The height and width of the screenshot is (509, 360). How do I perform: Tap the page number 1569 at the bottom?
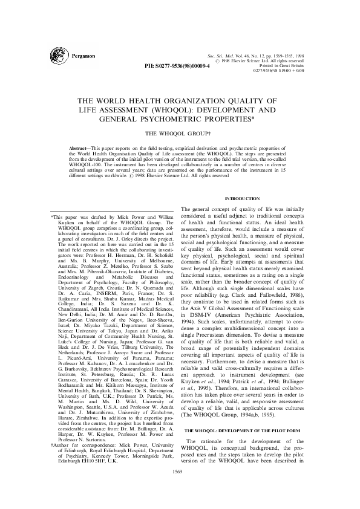179,487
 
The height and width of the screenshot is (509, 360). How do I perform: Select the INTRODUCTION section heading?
242,198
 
